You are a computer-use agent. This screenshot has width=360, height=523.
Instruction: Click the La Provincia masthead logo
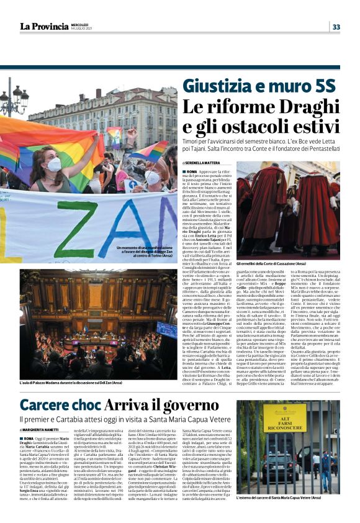pyautogui.click(x=43, y=26)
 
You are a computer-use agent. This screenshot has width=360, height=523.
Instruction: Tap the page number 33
pyautogui.click(x=336, y=27)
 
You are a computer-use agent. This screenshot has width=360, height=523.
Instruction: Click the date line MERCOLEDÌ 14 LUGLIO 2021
pyautogui.click(x=83, y=26)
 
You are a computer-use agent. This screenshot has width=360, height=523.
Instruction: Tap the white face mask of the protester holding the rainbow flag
pyautogui.click(x=54, y=164)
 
